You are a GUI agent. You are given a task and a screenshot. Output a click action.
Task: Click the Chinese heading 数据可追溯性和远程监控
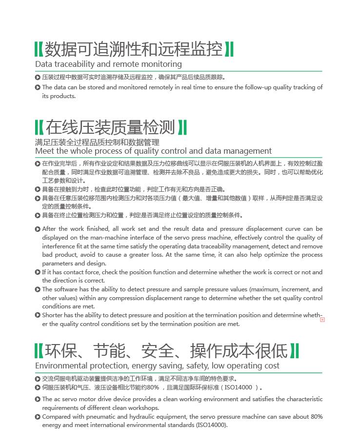(x=133, y=49)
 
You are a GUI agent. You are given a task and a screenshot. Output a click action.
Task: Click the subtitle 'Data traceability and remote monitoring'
(x=108, y=64)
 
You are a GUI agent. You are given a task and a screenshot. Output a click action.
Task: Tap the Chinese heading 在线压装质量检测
(x=110, y=127)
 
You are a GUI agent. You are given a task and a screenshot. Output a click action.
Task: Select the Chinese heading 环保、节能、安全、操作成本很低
(x=166, y=351)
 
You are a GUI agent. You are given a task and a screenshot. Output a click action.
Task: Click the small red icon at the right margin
(x=322, y=319)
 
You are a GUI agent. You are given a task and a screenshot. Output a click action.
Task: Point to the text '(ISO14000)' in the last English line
(x=211, y=425)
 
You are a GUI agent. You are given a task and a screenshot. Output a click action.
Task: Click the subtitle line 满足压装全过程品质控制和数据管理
(x=97, y=143)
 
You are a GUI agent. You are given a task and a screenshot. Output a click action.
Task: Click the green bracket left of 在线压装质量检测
(x=39, y=127)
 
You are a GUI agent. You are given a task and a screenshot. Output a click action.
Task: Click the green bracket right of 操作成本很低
(x=295, y=351)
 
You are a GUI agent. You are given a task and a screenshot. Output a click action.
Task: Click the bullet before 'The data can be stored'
(x=38, y=87)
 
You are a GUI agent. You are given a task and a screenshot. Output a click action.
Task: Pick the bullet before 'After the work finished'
(x=38, y=229)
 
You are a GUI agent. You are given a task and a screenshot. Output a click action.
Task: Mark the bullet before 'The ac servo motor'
(x=38, y=399)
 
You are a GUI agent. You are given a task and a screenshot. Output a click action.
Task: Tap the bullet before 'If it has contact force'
(x=38, y=272)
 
